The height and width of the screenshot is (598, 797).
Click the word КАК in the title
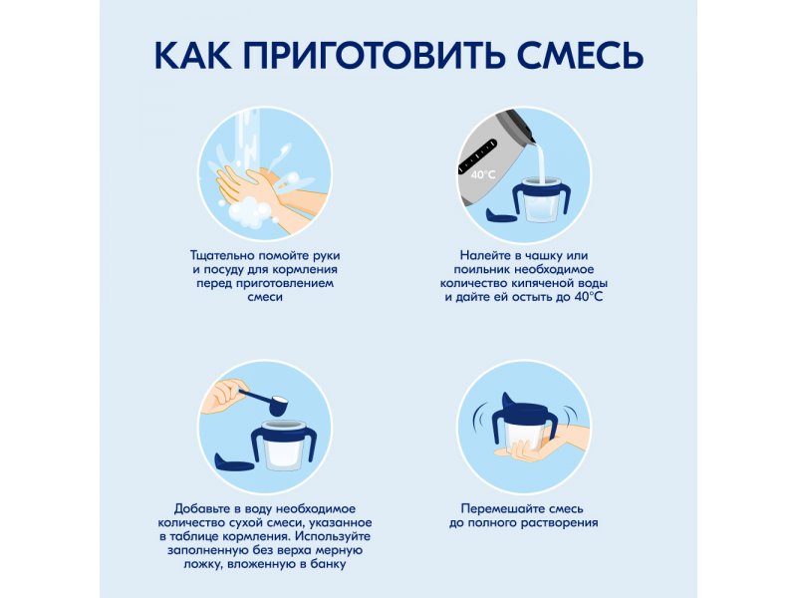coord(192,55)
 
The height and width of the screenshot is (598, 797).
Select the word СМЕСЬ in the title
coord(581,55)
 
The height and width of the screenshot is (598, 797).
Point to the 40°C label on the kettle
coord(483,175)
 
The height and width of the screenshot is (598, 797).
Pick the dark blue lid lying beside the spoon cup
coord(234,462)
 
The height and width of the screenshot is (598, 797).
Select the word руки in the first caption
coord(326,256)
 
